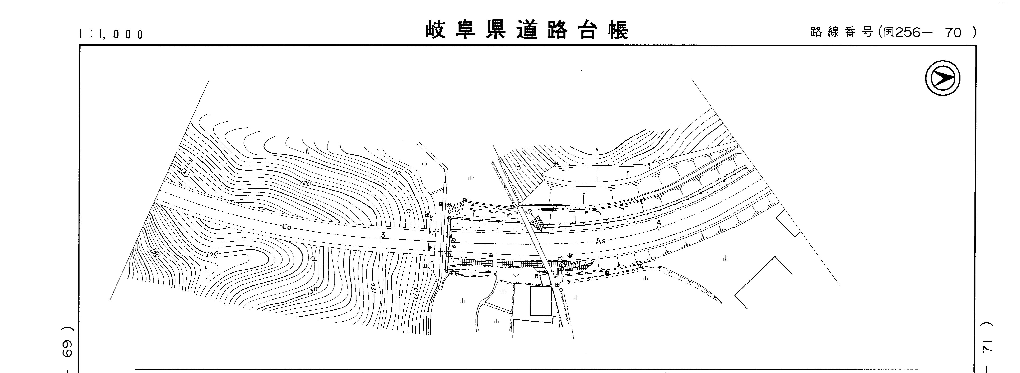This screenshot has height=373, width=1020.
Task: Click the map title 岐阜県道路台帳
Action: click(527, 30)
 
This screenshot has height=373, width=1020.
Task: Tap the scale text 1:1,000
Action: click(111, 34)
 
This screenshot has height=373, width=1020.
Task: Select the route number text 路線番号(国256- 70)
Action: click(893, 32)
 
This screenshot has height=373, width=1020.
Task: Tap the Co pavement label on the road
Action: click(287, 227)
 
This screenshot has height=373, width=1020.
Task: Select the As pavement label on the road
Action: click(600, 241)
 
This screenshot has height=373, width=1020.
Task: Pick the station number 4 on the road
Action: click(658, 223)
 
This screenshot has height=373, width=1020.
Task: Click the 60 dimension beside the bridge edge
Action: click(453, 242)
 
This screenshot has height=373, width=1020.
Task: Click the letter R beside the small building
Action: click(536, 276)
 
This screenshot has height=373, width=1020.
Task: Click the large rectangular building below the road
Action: click(540, 301)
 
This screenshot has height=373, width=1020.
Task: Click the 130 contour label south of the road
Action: click(312, 291)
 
